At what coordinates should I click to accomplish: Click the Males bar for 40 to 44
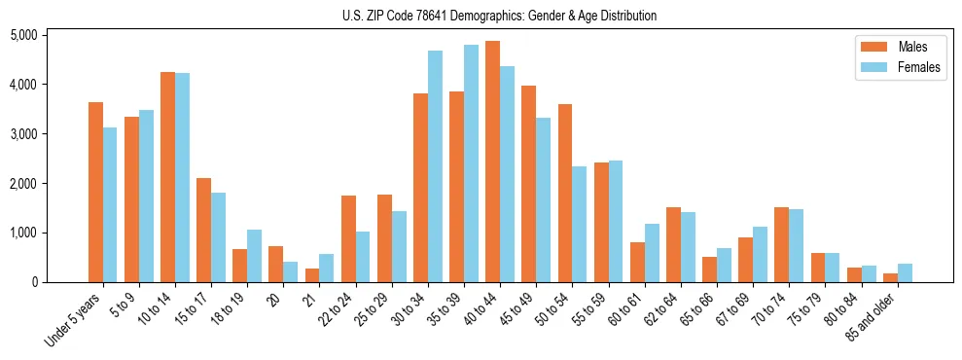coord(492,162)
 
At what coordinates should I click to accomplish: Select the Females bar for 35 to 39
coord(471,163)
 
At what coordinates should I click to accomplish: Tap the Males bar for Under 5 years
coord(95,192)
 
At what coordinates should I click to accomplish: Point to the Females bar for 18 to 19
coord(254,256)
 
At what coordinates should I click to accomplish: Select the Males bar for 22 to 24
coord(348,238)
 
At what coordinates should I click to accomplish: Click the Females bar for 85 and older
coord(905,272)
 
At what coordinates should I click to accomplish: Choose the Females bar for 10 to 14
coord(183,177)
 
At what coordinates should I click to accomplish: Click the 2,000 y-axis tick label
coord(23,183)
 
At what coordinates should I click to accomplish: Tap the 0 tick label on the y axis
coord(34,282)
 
